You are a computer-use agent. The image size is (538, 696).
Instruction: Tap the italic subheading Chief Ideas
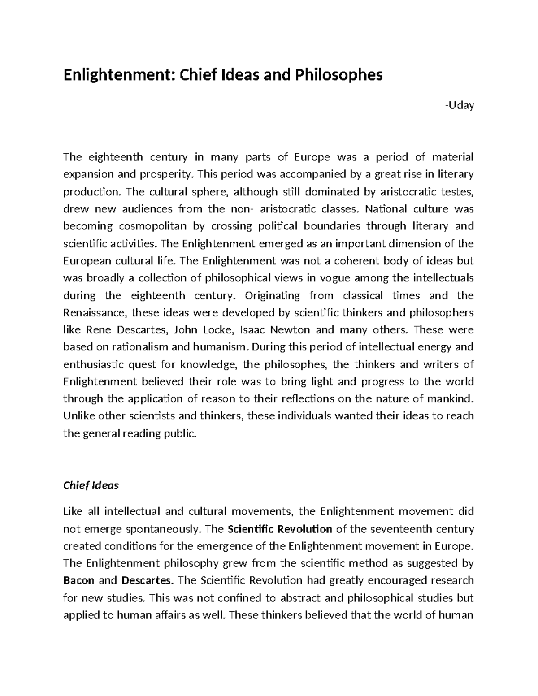(x=91, y=485)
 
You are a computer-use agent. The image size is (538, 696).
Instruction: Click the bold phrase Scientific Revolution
(x=280, y=529)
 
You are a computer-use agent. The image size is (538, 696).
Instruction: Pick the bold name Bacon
(x=79, y=581)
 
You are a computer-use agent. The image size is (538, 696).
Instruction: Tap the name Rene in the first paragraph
(x=97, y=330)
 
